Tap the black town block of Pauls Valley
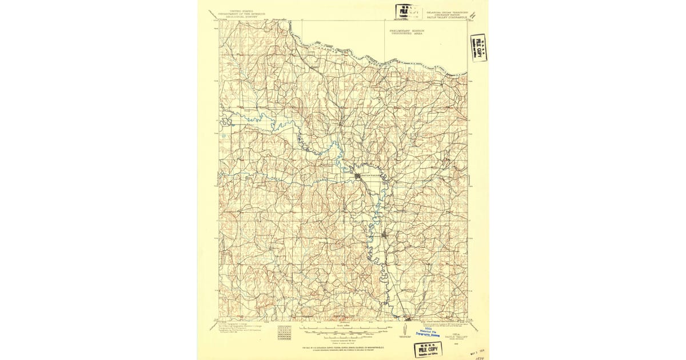click(358, 176)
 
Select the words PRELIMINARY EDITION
click(407, 30)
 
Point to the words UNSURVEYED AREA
click(407, 34)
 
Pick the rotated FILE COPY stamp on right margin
click(478, 47)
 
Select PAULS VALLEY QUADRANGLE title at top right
click(447, 18)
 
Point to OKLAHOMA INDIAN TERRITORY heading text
click(447, 11)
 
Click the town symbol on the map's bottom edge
click(408, 318)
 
